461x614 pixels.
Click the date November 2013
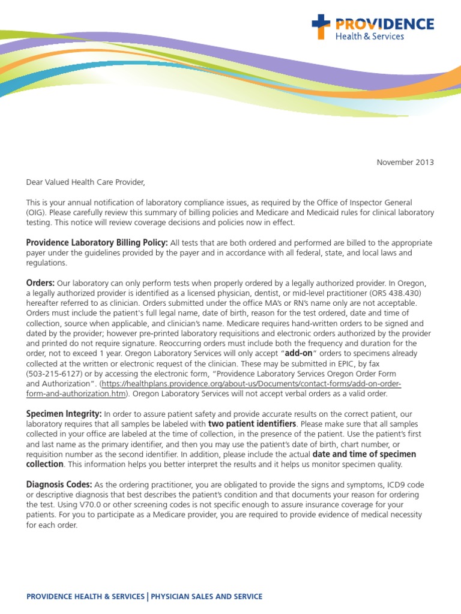405,162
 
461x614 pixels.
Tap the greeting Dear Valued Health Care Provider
86,182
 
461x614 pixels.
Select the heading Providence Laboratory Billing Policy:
97,242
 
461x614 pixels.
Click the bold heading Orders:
40,282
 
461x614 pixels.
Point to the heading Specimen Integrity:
64,414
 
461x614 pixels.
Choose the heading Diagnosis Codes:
59,484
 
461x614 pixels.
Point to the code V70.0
78,504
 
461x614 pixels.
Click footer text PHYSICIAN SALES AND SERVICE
206,596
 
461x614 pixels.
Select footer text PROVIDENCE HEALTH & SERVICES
85,596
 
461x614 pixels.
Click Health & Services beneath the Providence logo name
369,36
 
